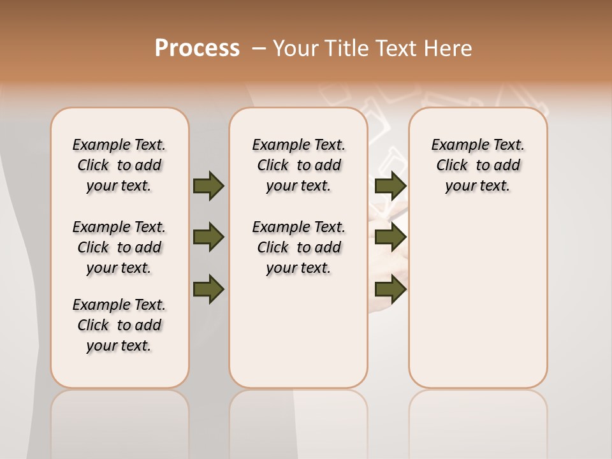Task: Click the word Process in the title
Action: pos(197,48)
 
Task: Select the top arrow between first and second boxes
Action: pos(208,186)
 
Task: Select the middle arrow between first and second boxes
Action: pos(208,237)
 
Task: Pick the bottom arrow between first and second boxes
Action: pos(208,289)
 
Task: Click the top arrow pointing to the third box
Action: pos(390,186)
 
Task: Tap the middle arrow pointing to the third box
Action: pos(390,237)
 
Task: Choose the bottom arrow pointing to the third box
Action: pos(390,289)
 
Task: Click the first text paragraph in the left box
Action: pos(119,165)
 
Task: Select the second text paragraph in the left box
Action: pos(119,247)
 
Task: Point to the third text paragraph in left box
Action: pos(119,325)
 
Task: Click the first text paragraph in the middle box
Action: pos(298,165)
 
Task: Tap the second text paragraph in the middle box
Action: pos(298,247)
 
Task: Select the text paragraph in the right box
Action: pos(477,165)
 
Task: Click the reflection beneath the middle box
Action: pos(298,421)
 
